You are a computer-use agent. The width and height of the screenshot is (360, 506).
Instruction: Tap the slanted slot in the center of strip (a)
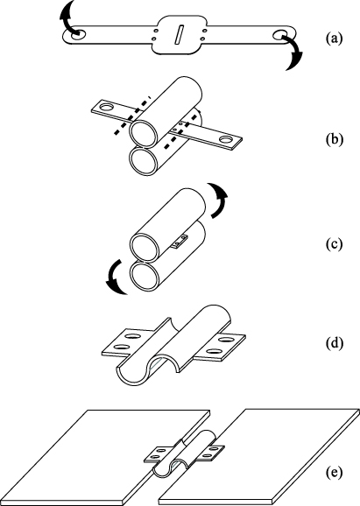pos(179,36)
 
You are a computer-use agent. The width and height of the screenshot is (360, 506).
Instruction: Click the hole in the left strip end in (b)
pos(107,109)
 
